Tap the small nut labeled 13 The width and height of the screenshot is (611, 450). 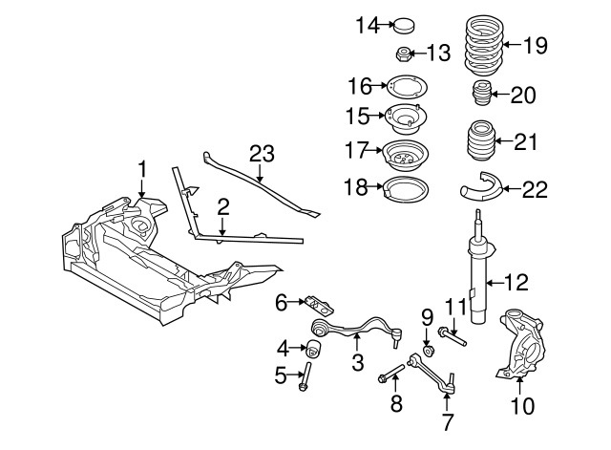click(405, 54)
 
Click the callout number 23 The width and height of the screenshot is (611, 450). click(262, 153)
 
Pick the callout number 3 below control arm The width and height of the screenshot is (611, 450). click(358, 362)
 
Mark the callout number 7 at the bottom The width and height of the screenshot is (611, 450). click(447, 420)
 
